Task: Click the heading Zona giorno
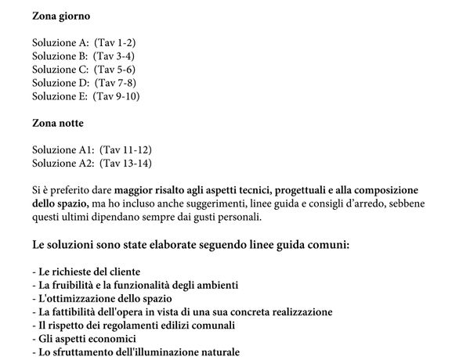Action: point(61,16)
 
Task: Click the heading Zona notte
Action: point(58,124)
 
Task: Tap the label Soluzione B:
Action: point(60,56)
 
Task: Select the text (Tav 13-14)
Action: point(126,164)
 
